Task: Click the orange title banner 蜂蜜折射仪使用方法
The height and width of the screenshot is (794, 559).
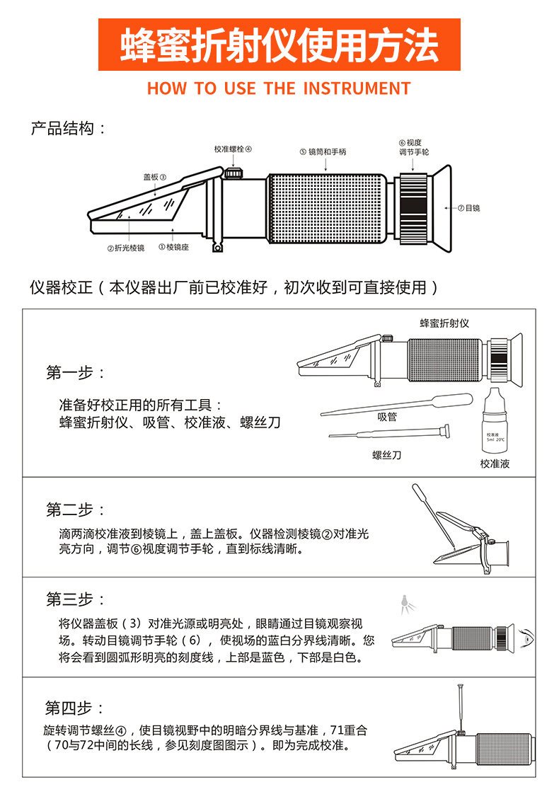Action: tap(279, 45)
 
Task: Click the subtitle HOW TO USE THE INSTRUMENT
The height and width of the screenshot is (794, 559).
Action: tap(279, 88)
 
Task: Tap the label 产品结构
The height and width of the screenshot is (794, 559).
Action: tap(69, 129)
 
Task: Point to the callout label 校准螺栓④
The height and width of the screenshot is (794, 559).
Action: tap(233, 149)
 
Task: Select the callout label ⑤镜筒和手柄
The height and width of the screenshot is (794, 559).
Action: tap(323, 151)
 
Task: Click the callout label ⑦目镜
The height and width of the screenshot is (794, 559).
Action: tap(468, 208)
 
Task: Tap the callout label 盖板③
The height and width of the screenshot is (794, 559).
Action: tap(154, 177)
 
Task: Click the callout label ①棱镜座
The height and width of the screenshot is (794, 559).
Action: tap(173, 247)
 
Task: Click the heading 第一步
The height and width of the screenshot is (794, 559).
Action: tap(76, 373)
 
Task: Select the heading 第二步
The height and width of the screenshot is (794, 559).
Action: tap(76, 510)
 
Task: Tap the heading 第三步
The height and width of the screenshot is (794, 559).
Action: tap(76, 599)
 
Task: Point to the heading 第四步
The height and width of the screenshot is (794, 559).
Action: tap(75, 708)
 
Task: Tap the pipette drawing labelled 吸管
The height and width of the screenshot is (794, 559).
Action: tap(396, 404)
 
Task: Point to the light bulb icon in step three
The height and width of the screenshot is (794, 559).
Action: tap(405, 602)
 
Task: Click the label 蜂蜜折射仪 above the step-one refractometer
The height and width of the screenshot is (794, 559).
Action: tap(444, 323)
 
